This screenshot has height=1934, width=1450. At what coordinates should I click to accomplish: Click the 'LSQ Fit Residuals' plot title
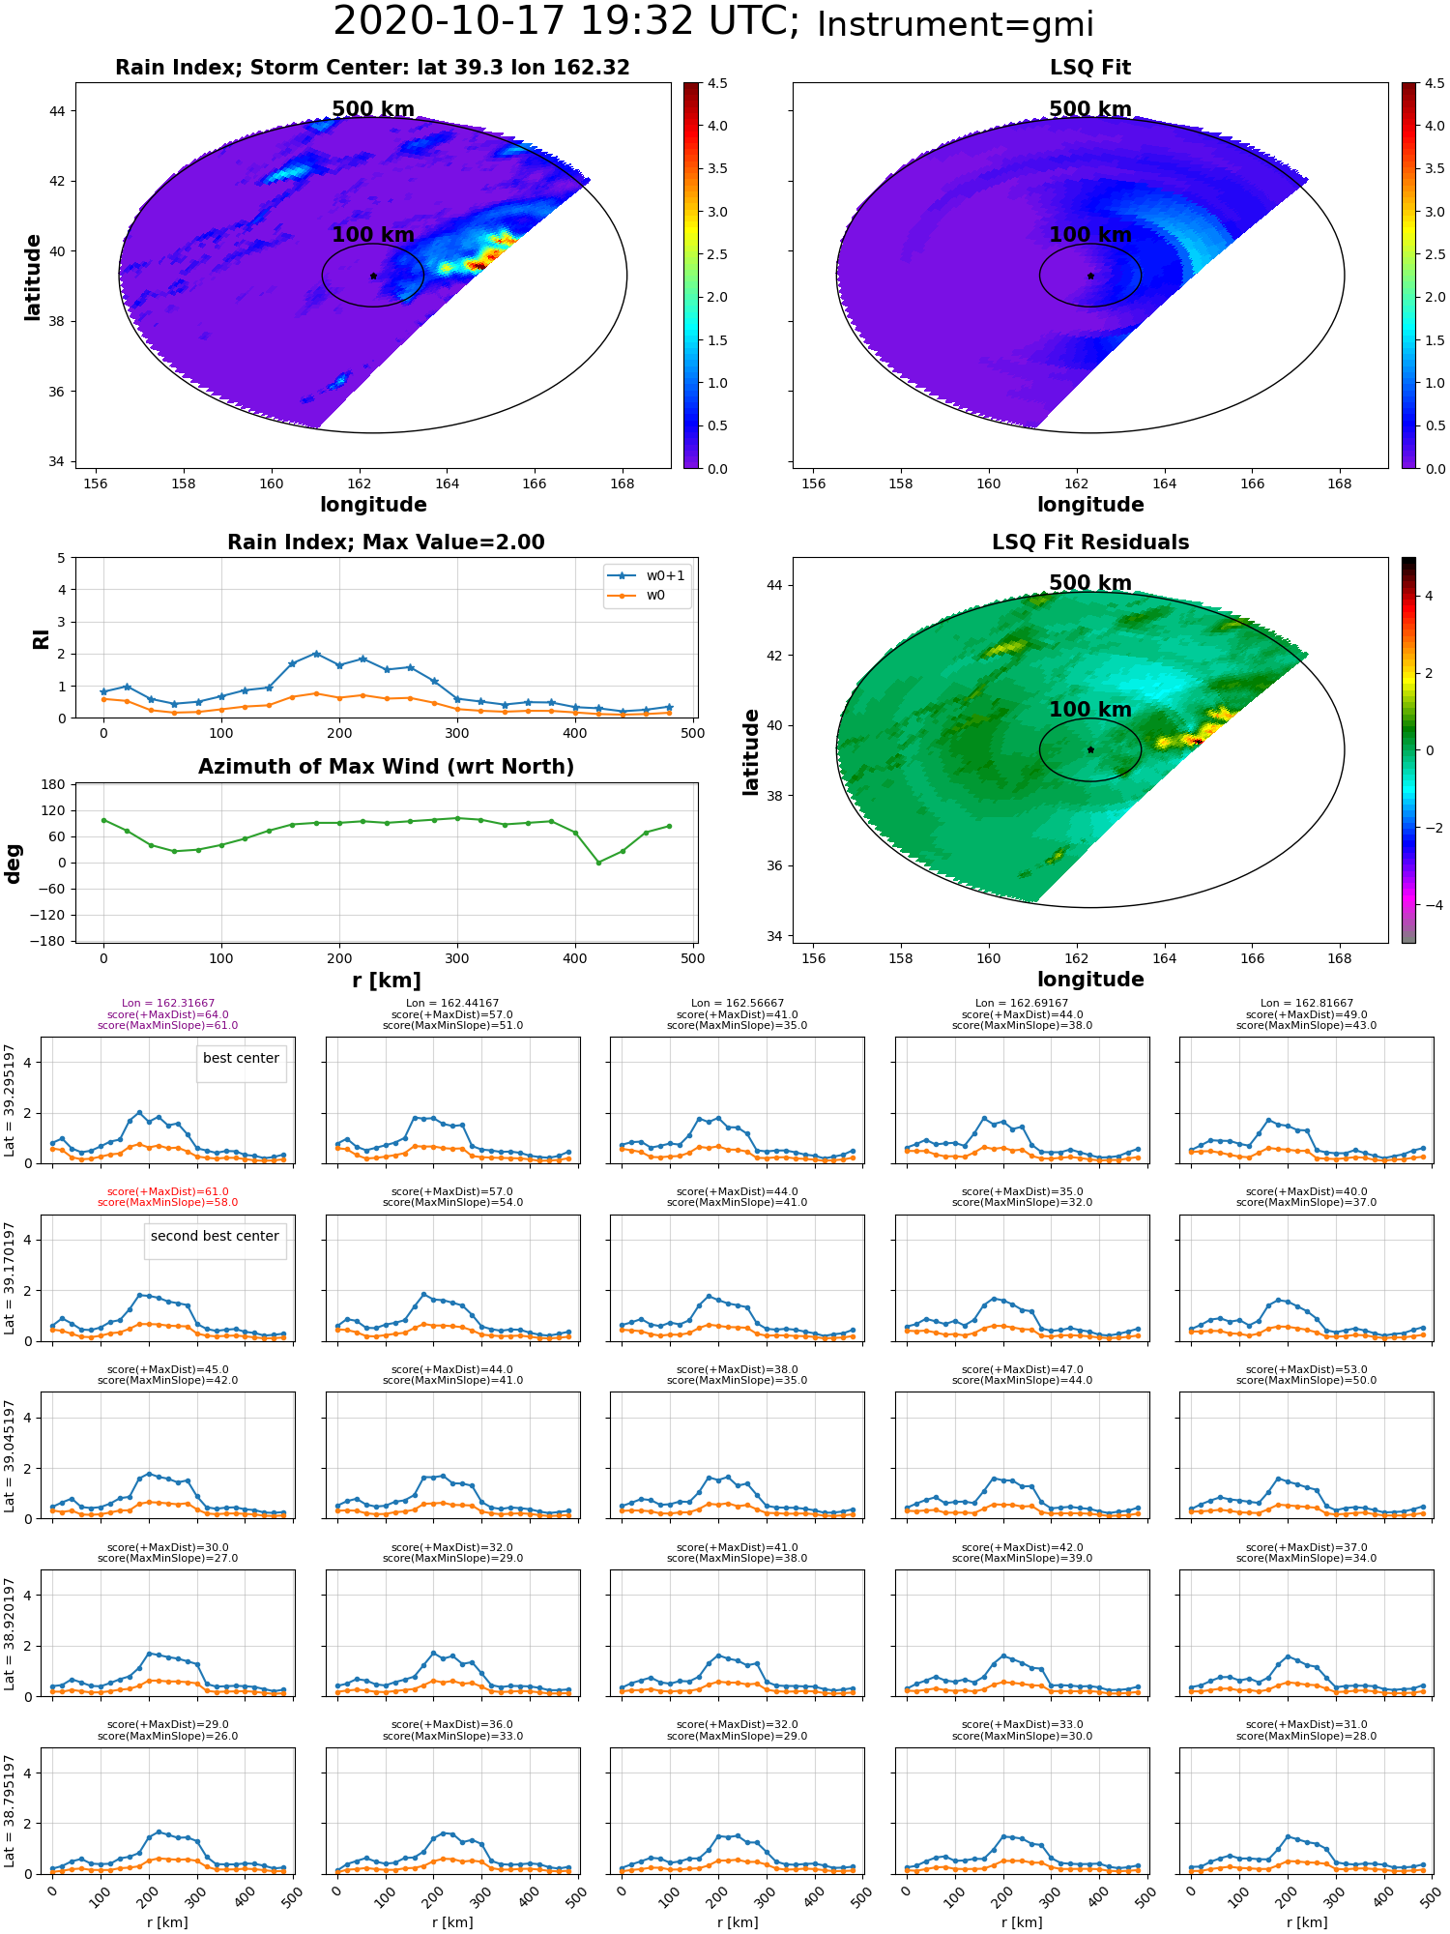(1090, 542)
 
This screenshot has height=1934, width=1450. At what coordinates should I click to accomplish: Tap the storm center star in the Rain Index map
(373, 276)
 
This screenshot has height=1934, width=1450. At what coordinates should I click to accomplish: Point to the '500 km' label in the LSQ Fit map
(1090, 109)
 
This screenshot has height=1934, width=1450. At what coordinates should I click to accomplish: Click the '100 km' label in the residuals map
(1090, 710)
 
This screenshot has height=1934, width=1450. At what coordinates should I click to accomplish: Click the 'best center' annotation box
(241, 1059)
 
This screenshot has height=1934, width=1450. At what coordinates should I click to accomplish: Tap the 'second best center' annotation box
(215, 1237)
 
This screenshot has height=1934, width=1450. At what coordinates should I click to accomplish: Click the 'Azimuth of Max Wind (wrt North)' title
(386, 767)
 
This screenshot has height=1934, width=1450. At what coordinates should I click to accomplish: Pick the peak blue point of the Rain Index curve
(316, 654)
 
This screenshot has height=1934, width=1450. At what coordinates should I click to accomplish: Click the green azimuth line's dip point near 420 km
(598, 863)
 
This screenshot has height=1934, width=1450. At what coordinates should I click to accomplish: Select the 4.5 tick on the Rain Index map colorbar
(717, 84)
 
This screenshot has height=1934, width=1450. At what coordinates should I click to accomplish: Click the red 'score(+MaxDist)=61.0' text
(168, 1192)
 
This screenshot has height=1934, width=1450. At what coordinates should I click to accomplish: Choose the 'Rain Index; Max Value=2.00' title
(386, 542)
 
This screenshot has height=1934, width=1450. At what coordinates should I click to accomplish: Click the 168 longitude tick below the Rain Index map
(622, 483)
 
